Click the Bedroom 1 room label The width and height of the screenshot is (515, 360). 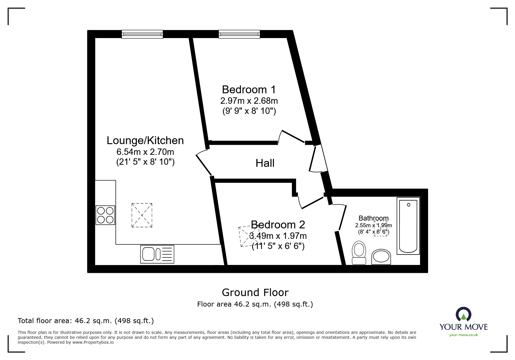[249, 89]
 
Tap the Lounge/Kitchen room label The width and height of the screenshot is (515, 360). [145, 141]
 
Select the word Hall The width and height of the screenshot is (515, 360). [265, 163]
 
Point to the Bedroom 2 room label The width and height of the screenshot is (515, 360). [278, 225]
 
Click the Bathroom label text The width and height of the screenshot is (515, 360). [373, 218]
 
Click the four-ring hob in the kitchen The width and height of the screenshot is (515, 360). [105, 215]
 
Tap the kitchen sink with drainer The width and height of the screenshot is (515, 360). [157, 254]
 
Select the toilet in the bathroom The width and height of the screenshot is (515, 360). [359, 252]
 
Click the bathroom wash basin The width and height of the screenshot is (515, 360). [381, 257]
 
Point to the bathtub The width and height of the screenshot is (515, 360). [408, 226]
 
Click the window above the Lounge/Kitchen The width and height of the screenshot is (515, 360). [142, 34]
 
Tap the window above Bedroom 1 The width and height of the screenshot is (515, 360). [239, 34]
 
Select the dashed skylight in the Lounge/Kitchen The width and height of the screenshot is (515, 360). [142, 215]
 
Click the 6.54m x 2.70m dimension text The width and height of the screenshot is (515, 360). [145, 152]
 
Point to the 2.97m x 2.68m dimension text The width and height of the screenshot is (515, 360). [249, 101]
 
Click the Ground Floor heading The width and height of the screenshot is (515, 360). [255, 292]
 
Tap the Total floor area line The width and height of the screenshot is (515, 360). [86, 321]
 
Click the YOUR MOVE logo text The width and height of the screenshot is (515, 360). [464, 327]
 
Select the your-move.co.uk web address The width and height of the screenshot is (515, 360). [464, 335]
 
